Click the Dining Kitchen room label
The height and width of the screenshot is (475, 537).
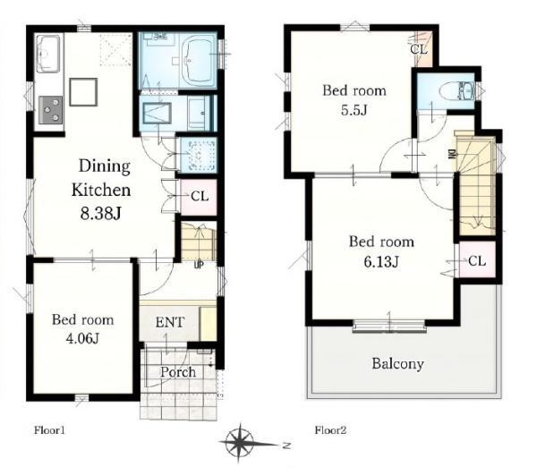click(x=101, y=178)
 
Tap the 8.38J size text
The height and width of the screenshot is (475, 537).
click(x=100, y=214)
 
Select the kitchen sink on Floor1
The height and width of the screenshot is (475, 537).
click(x=48, y=54)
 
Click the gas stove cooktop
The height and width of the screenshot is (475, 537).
click(x=51, y=110)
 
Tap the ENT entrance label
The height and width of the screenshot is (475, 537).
click(x=170, y=322)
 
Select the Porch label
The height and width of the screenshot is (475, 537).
click(x=178, y=372)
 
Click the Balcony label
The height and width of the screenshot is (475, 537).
click(x=398, y=363)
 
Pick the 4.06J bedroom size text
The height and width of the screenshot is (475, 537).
click(x=82, y=338)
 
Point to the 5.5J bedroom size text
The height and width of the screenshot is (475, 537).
click(x=354, y=110)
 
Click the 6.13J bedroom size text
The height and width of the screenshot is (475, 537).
click(x=381, y=262)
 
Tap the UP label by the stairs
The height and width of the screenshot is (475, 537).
click(x=199, y=265)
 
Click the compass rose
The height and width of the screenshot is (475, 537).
click(x=241, y=443)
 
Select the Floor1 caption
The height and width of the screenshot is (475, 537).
click(x=49, y=430)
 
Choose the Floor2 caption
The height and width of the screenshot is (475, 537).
click(x=331, y=430)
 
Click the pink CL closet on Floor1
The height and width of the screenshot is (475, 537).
click(x=199, y=197)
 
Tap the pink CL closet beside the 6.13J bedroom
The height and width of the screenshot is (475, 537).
click(x=477, y=260)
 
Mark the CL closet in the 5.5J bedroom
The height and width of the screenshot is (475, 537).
click(x=422, y=48)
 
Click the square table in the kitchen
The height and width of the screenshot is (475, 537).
click(x=83, y=92)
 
